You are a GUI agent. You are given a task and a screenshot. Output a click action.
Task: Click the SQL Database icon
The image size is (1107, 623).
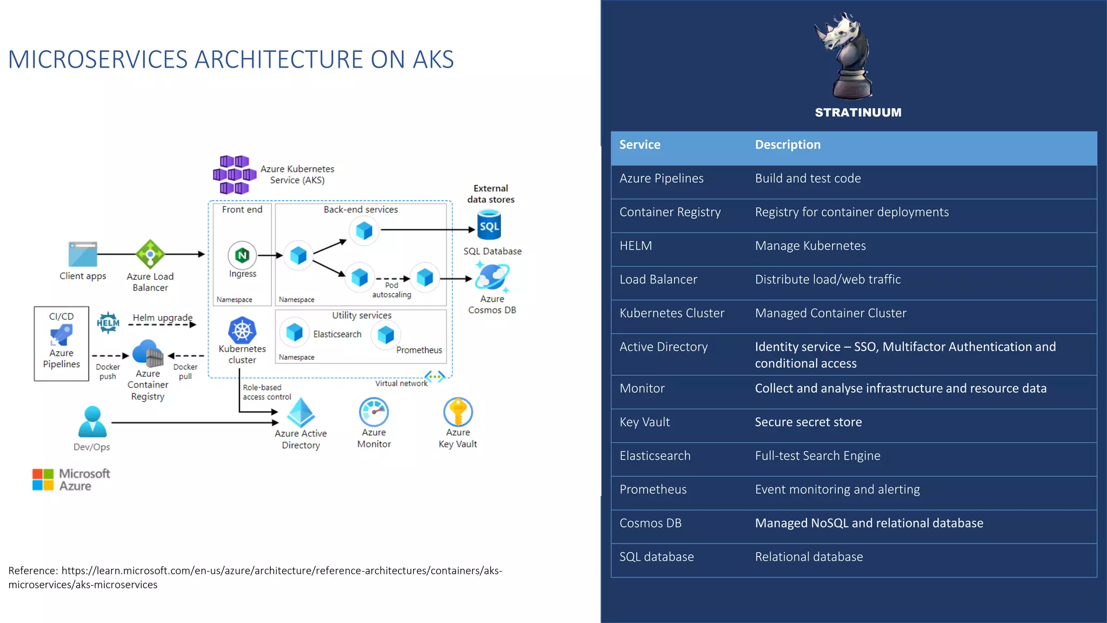[x=489, y=226]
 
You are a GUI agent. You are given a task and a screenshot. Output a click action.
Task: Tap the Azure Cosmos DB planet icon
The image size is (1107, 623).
[x=492, y=277]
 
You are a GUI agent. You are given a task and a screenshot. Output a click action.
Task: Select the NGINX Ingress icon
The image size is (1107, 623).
[x=242, y=255]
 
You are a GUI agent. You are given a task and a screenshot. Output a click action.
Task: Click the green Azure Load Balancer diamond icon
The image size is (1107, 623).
[x=150, y=254]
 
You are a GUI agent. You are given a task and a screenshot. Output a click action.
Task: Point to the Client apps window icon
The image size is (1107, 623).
[x=83, y=254]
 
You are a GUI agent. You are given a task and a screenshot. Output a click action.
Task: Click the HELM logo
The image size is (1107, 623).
[x=108, y=323]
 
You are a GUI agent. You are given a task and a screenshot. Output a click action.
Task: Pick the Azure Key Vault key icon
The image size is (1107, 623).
[x=458, y=412]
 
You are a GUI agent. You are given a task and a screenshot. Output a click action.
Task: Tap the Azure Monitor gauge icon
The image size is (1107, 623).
[x=374, y=412]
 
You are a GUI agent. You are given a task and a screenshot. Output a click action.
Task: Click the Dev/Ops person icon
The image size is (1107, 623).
[x=92, y=422]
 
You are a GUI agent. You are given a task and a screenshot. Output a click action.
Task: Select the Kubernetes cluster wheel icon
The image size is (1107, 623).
[x=242, y=330]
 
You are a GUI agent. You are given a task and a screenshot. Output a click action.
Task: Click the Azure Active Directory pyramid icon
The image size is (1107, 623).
[x=301, y=413]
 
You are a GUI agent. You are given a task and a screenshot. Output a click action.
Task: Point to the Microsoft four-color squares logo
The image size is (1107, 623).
[x=43, y=479]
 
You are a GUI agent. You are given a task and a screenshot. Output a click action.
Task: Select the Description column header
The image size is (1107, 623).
[x=788, y=145]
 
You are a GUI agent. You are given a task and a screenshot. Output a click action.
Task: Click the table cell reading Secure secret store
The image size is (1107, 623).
[x=808, y=422]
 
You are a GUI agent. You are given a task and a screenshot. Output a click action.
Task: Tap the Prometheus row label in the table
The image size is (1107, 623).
[x=653, y=489]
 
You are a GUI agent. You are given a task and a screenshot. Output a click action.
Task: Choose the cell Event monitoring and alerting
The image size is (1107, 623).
[x=837, y=489]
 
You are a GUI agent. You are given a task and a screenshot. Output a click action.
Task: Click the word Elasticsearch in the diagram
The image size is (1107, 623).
[x=337, y=334]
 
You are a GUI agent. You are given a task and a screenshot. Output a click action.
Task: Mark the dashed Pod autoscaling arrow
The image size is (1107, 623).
[x=392, y=279]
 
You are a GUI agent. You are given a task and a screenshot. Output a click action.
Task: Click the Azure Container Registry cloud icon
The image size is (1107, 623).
[x=148, y=353]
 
